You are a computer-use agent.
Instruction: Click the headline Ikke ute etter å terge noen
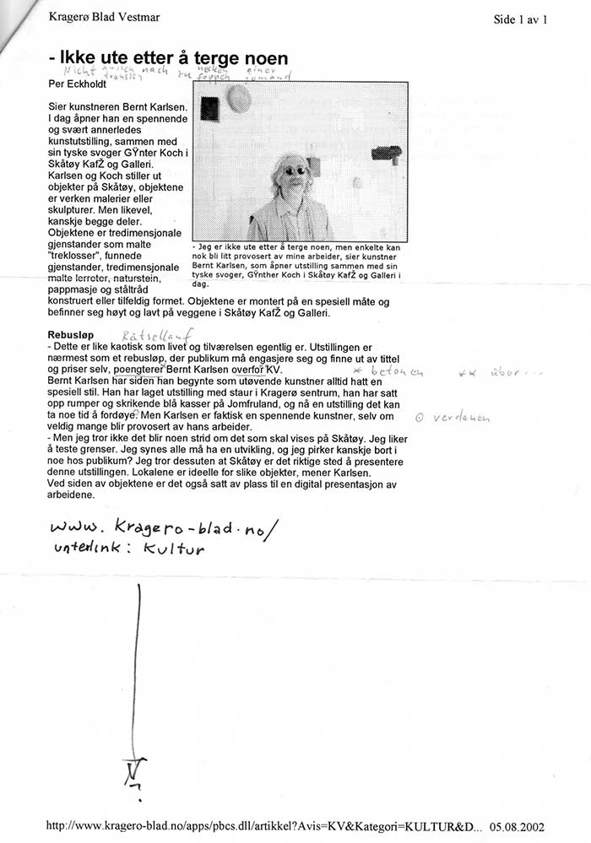tap(169, 58)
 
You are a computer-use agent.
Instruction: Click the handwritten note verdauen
tap(455, 418)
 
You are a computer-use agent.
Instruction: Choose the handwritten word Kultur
tap(174, 549)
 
